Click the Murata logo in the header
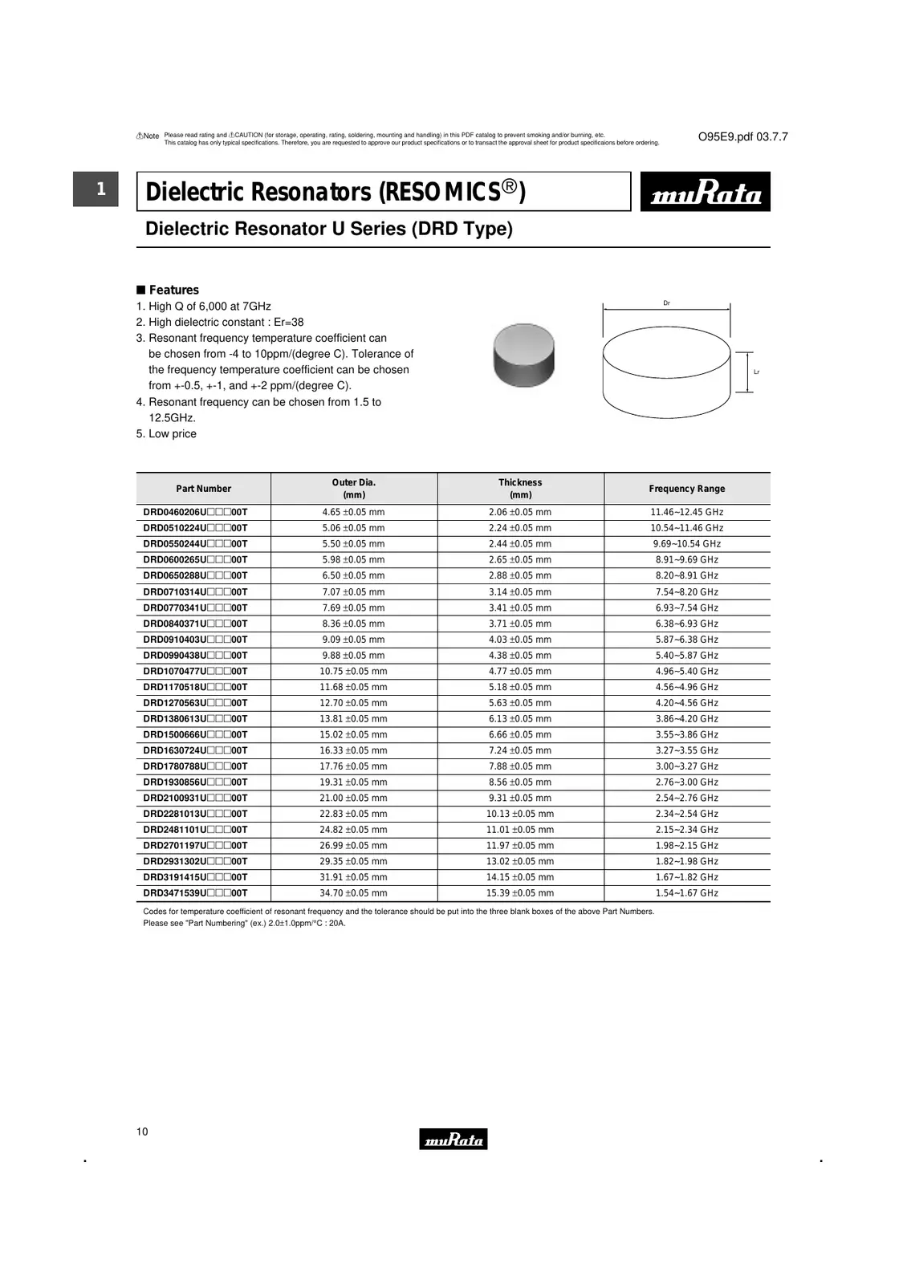[x=705, y=192]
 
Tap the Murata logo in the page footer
[x=453, y=1139]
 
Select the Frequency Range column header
[x=686, y=489]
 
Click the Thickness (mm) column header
[x=520, y=489]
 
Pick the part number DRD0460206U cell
[x=195, y=512]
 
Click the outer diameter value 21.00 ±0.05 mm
[x=353, y=798]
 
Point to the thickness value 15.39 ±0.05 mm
[x=520, y=893]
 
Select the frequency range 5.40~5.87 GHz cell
[x=686, y=656]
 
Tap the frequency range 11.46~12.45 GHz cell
[x=686, y=512]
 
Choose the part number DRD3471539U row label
[x=195, y=893]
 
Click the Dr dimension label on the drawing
[x=666, y=303]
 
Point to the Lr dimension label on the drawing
[x=756, y=372]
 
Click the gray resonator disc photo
[x=523, y=355]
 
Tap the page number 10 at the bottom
[x=142, y=1132]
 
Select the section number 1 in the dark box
[x=100, y=189]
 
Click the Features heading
[x=173, y=290]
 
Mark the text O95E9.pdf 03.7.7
[x=742, y=137]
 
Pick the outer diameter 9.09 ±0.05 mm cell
[x=353, y=640]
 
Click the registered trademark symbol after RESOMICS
[x=510, y=187]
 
